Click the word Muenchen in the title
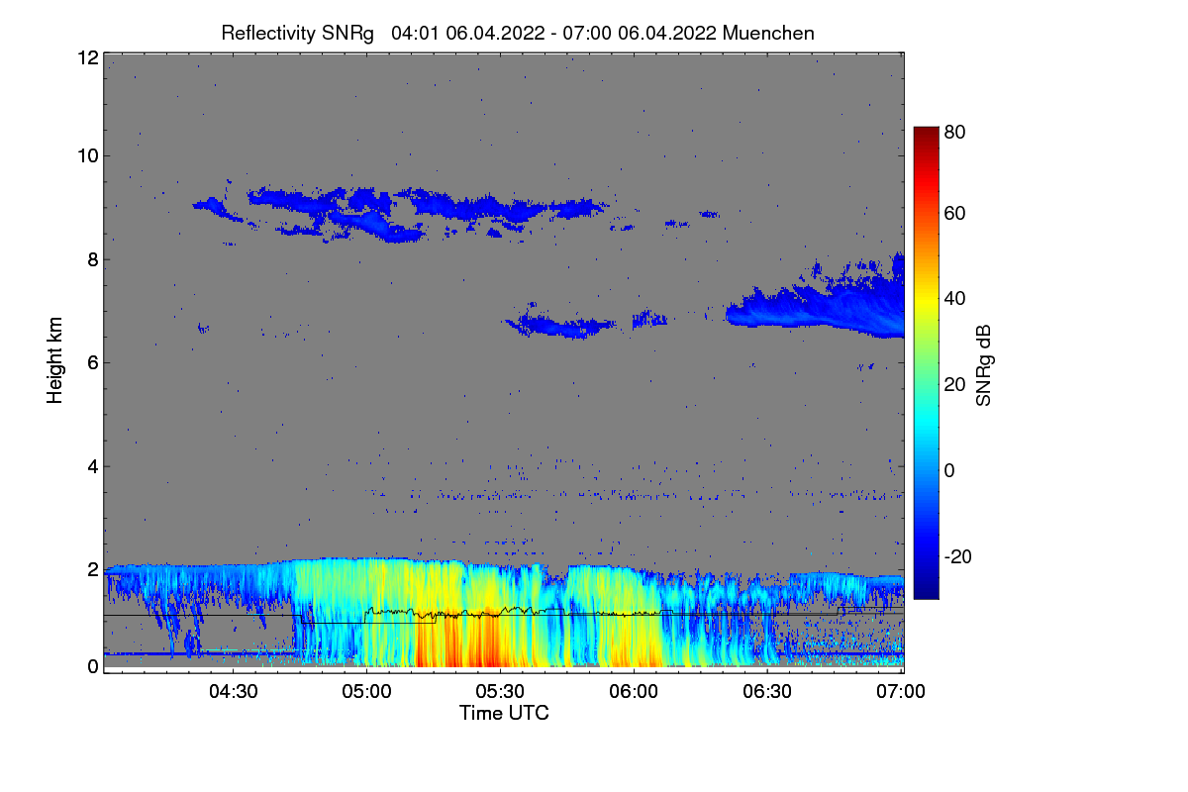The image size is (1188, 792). (x=768, y=33)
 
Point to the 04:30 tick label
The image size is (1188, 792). (x=234, y=691)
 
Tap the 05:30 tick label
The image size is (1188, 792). (x=501, y=691)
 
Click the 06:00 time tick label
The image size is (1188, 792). (x=635, y=691)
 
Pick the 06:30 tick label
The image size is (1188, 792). (x=768, y=691)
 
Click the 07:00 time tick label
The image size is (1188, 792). (x=902, y=691)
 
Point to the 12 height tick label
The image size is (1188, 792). (x=86, y=57)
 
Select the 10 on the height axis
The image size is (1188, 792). (x=86, y=155)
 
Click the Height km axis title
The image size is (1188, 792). (x=55, y=361)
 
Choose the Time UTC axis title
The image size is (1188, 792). (x=504, y=713)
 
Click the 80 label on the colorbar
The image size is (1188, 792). (x=955, y=132)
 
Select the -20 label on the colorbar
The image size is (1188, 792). (x=958, y=556)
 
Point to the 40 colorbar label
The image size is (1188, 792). (x=955, y=299)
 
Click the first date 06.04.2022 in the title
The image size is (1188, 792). (x=495, y=33)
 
